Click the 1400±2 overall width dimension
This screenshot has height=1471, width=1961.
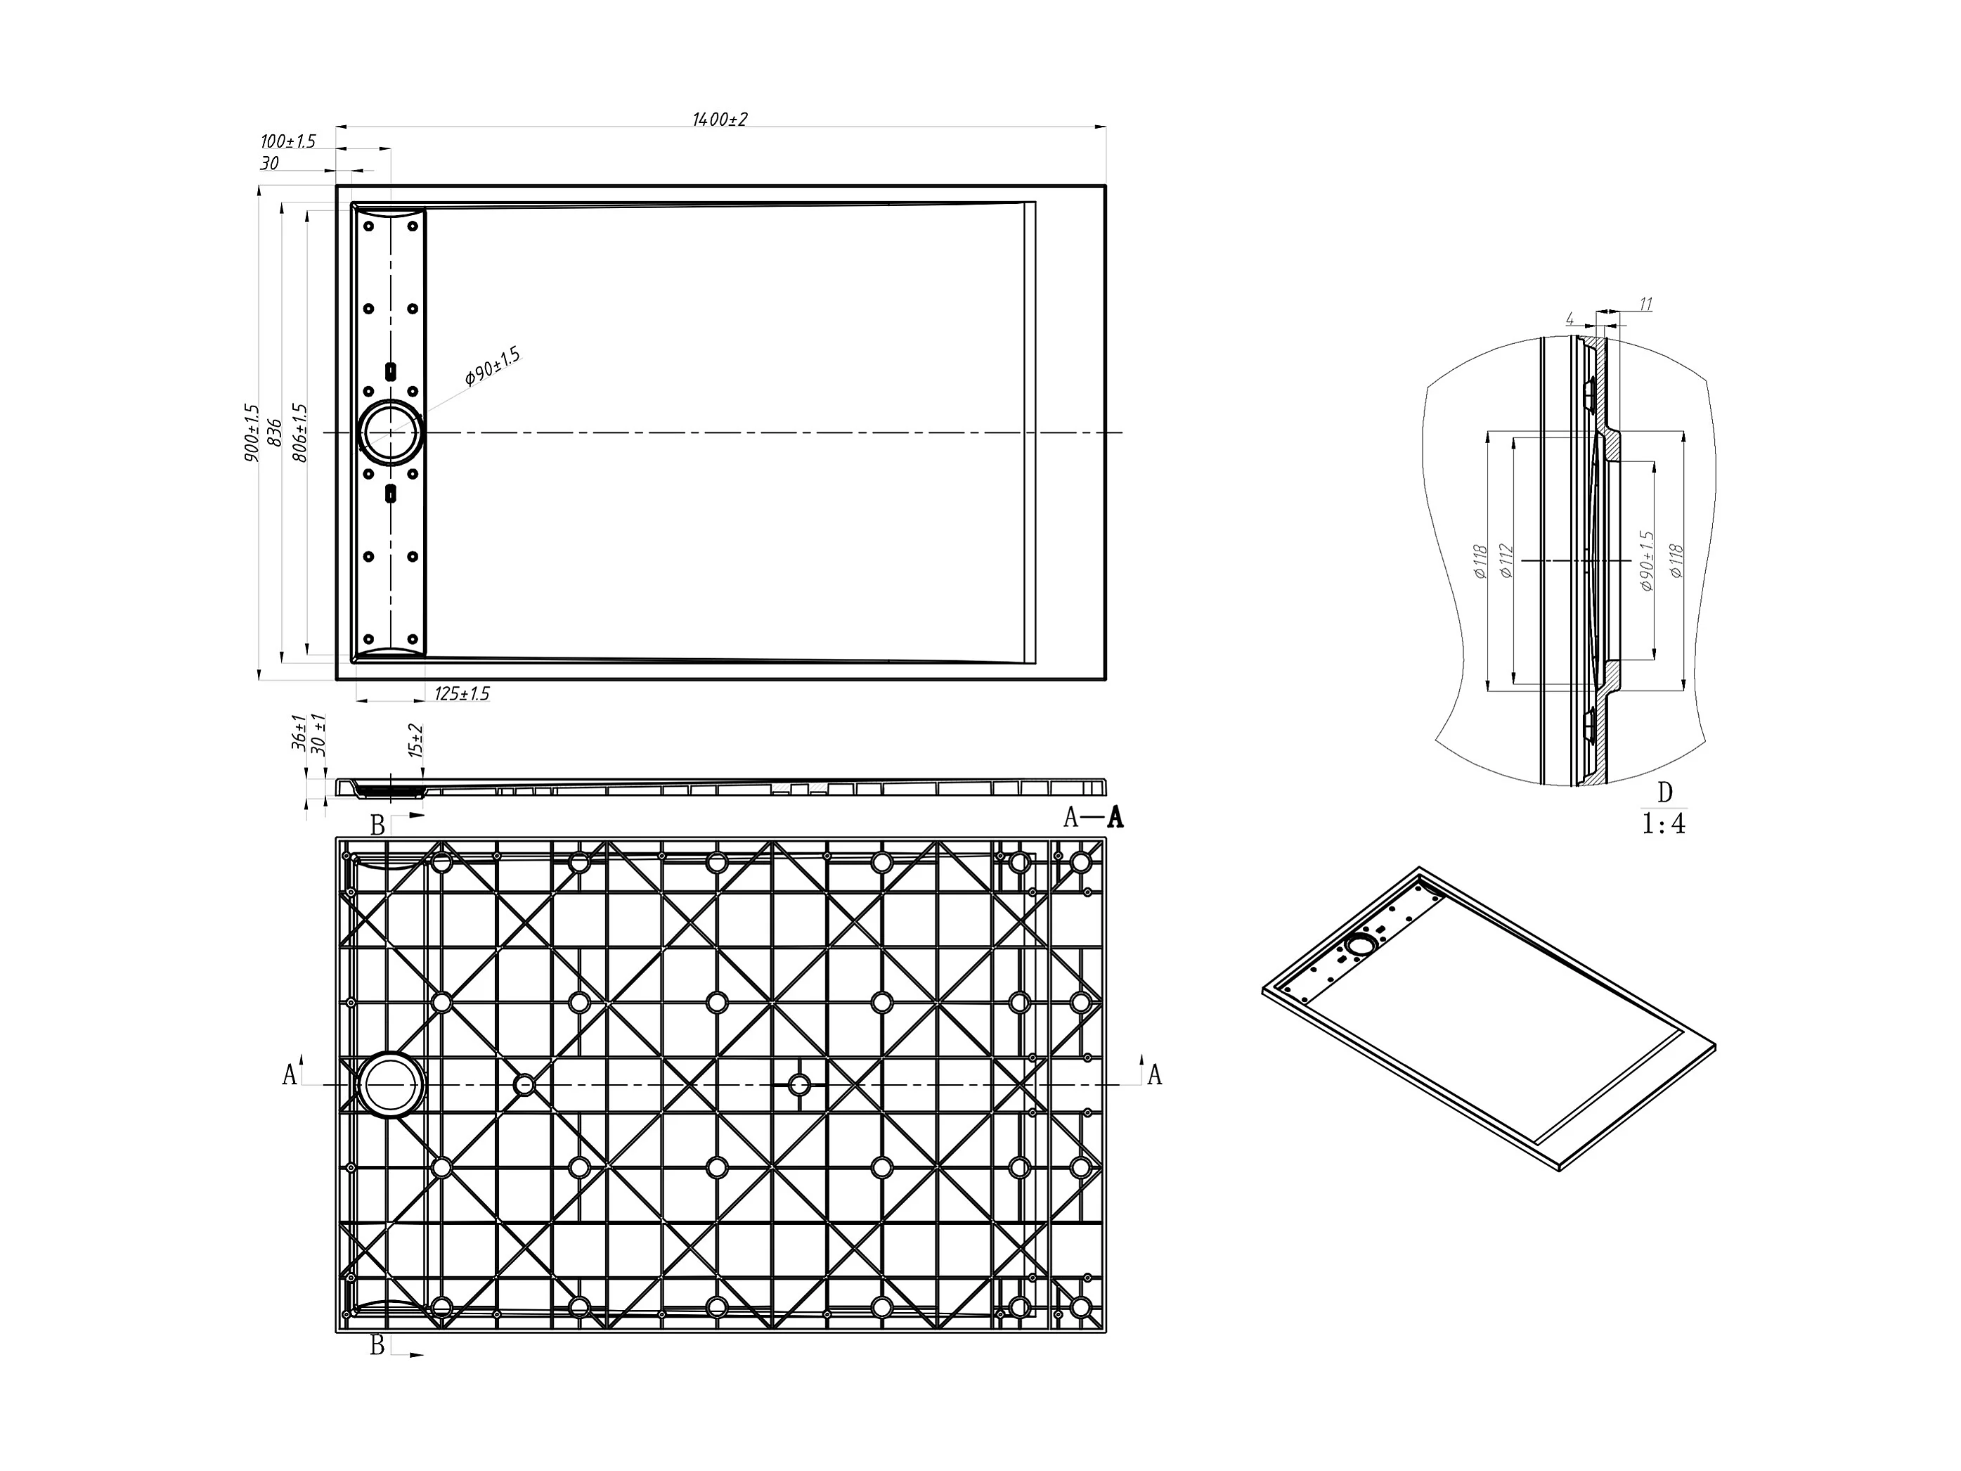tap(719, 119)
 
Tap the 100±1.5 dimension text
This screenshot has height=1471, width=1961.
tap(287, 141)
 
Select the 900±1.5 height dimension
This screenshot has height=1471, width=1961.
tap(251, 432)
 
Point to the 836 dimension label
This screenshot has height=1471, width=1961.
tap(274, 432)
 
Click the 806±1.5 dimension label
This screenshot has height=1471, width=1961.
tap(299, 432)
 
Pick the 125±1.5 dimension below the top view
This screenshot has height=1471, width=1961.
tap(462, 693)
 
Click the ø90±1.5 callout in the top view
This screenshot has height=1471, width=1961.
tap(493, 367)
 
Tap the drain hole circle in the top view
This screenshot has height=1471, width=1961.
tap(390, 432)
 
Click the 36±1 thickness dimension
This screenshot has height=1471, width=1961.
tap(299, 733)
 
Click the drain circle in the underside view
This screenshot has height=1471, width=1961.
tap(390, 1084)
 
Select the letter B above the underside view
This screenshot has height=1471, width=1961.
tap(377, 826)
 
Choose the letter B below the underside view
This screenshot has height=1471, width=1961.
tap(377, 1345)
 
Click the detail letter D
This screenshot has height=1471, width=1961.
tap(1664, 792)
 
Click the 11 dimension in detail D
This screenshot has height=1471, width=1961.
tap(1645, 304)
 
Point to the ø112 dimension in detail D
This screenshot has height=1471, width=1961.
tap(1506, 560)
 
